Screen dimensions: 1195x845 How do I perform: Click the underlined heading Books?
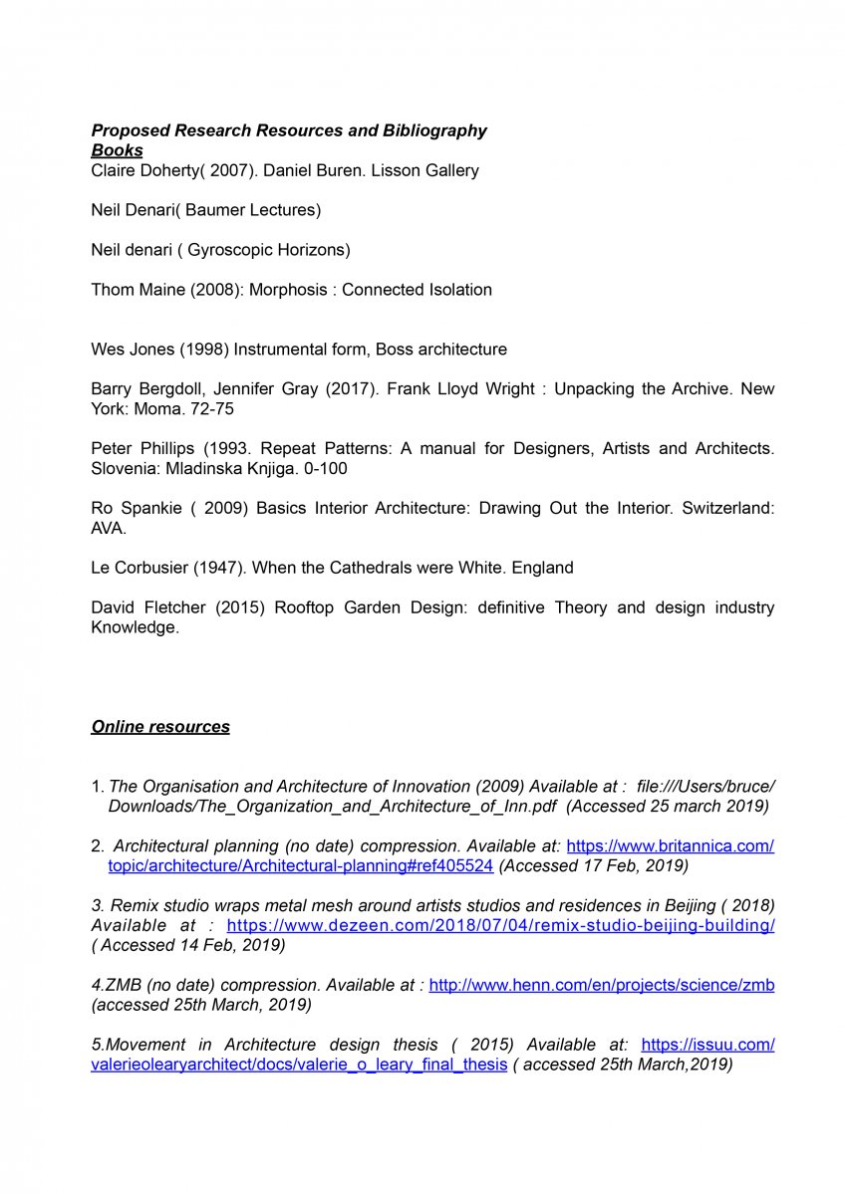pyautogui.click(x=117, y=150)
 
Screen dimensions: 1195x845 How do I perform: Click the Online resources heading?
pyautogui.click(x=160, y=727)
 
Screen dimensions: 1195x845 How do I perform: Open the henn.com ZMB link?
pyautogui.click(x=602, y=986)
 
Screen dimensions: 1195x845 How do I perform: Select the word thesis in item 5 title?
pyautogui.click(x=414, y=1045)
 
